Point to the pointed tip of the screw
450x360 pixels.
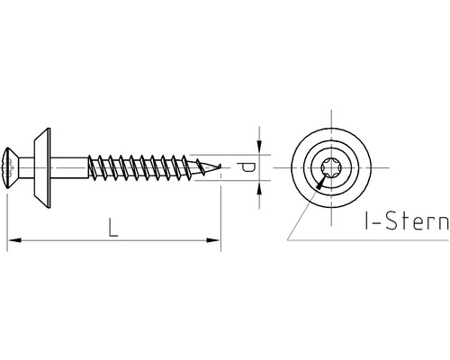coord(219,165)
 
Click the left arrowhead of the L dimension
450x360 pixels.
coord(12,240)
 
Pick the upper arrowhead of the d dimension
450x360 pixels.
coord(258,145)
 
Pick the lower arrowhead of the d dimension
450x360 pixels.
coord(258,186)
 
